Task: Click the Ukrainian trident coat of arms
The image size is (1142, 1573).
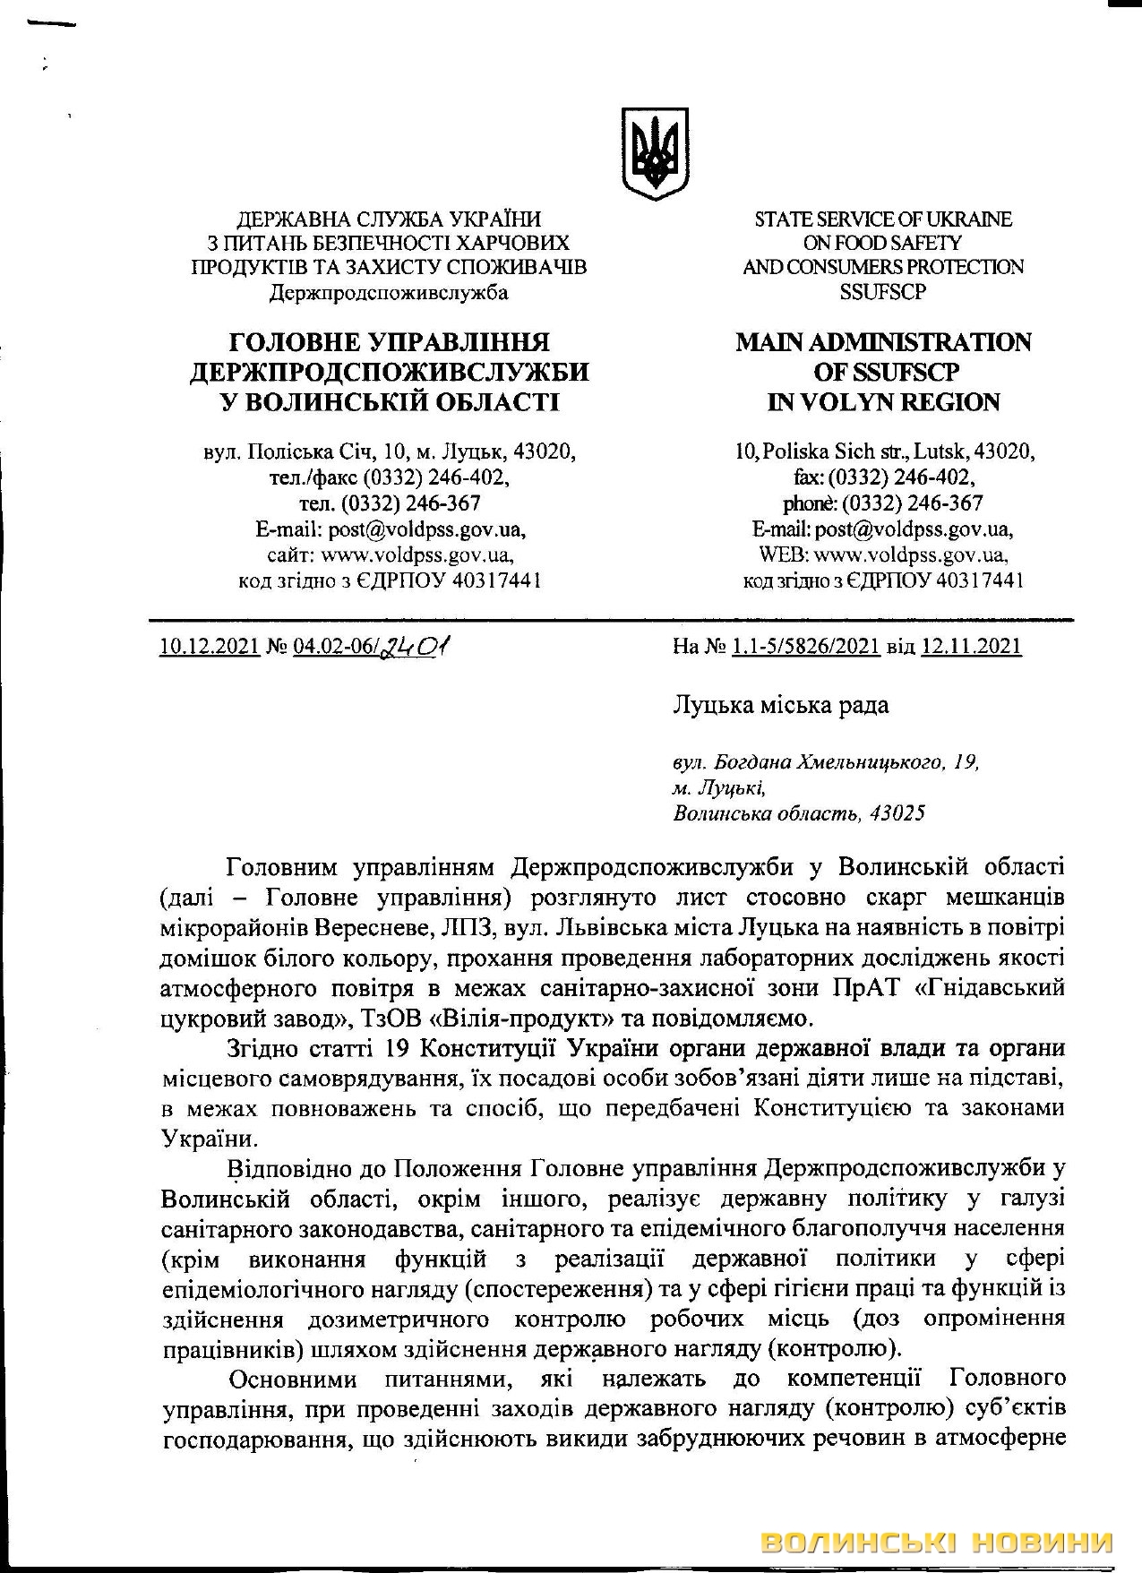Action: click(656, 149)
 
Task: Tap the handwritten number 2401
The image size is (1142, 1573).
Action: click(416, 645)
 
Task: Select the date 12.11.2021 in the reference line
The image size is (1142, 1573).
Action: click(971, 646)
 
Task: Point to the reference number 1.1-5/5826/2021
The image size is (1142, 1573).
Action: click(805, 646)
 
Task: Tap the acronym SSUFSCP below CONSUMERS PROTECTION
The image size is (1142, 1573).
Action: click(882, 291)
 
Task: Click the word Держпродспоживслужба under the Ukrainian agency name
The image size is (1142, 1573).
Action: click(389, 291)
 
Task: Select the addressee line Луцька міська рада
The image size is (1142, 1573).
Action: click(780, 706)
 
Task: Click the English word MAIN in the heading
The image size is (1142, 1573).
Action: click(774, 343)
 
